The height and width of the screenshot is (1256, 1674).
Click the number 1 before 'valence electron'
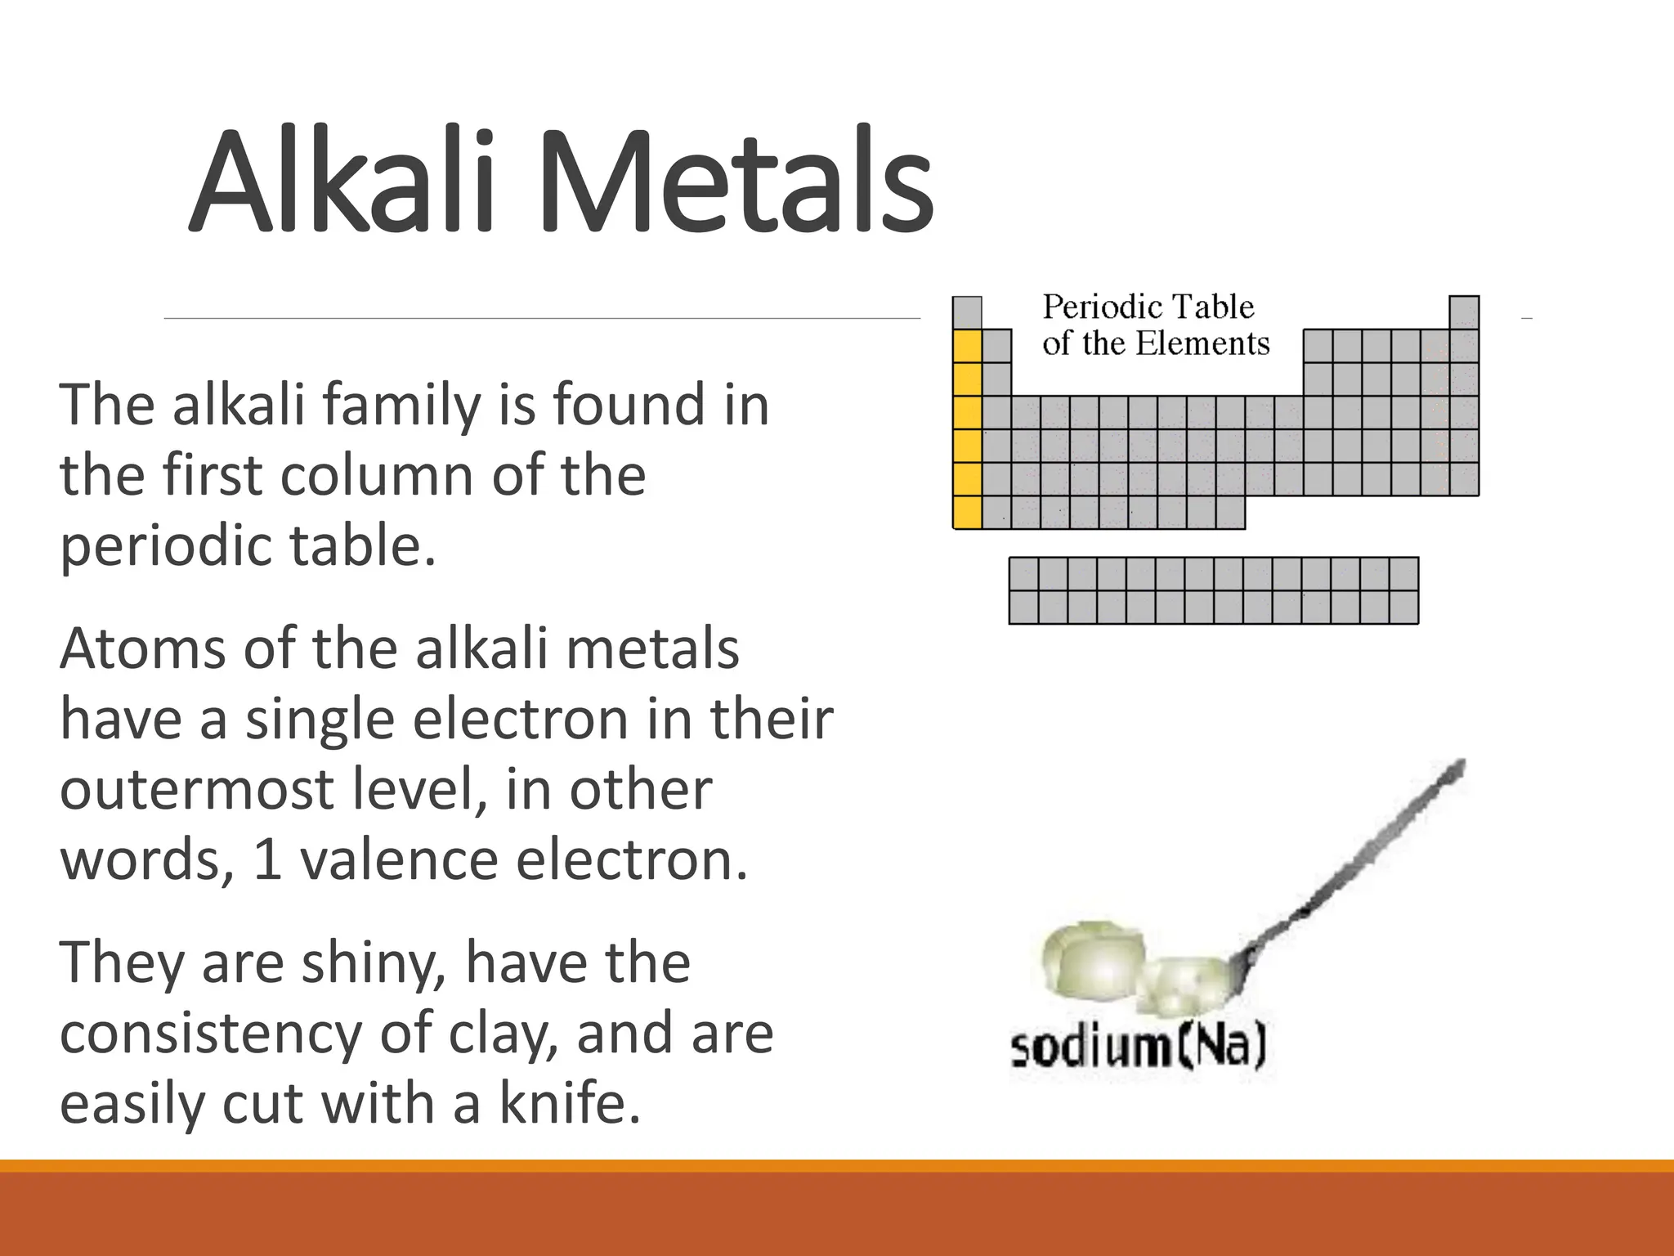tap(268, 860)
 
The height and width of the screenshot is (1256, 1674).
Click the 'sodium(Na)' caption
tap(1138, 1048)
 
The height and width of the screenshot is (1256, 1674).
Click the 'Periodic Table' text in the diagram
tap(1148, 307)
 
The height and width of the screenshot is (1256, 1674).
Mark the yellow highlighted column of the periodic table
tap(967, 428)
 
